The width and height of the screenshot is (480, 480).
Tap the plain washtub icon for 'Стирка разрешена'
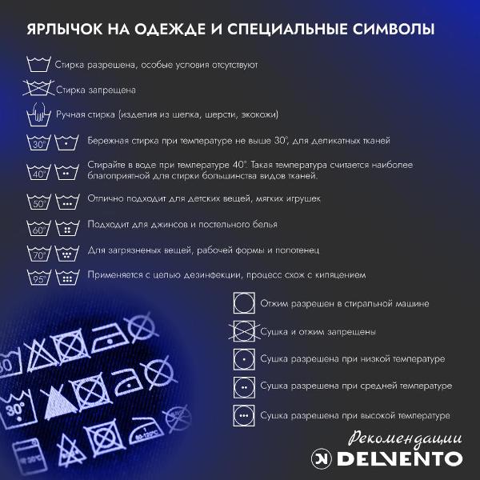coord(38,65)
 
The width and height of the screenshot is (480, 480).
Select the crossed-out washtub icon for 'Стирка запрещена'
coord(38,90)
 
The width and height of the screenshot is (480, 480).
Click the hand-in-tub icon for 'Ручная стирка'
coord(38,116)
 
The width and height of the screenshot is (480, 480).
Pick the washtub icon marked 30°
coord(38,144)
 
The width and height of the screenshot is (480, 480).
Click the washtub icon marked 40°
coord(38,172)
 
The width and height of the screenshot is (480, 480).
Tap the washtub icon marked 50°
coord(38,201)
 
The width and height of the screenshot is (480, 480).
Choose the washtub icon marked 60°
coord(38,227)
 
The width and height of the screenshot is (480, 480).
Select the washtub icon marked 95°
coord(38,278)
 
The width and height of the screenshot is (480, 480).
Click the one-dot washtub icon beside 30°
coord(65,144)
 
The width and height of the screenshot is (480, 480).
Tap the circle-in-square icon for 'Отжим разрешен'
coord(244,304)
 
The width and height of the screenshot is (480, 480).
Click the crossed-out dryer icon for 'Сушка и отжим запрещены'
coord(244,331)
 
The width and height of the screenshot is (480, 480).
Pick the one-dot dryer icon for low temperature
coord(244,358)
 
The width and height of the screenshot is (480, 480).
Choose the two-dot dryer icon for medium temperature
coord(244,386)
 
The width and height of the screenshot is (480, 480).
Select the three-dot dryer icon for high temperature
coord(244,415)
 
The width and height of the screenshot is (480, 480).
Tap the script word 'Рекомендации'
coord(406,438)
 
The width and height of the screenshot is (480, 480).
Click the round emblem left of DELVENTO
coord(322,459)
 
